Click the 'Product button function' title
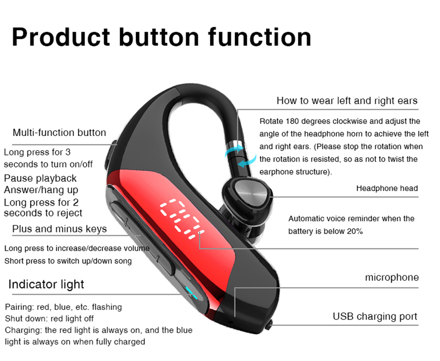[161, 37]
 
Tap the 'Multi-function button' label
[59, 133]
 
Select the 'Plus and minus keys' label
[59, 229]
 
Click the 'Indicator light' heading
[46, 284]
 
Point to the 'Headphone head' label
[387, 188]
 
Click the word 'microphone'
[392, 277]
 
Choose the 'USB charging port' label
[375, 317]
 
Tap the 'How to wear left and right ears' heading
[347, 100]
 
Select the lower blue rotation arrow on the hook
[247, 161]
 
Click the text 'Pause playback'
[40, 178]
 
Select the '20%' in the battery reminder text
[355, 231]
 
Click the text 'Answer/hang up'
[41, 190]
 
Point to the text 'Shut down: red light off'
[49, 319]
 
